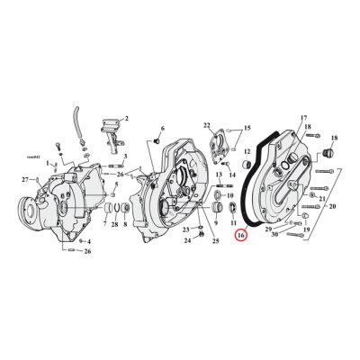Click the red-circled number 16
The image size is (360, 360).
click(x=240, y=236)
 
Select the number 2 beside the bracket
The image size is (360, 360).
click(x=126, y=119)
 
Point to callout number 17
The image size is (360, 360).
click(x=303, y=118)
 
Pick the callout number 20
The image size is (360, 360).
click(x=163, y=130)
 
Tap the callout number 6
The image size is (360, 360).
click(x=163, y=130)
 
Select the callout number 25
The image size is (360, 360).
click(x=216, y=240)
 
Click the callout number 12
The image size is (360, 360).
click(x=247, y=153)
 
